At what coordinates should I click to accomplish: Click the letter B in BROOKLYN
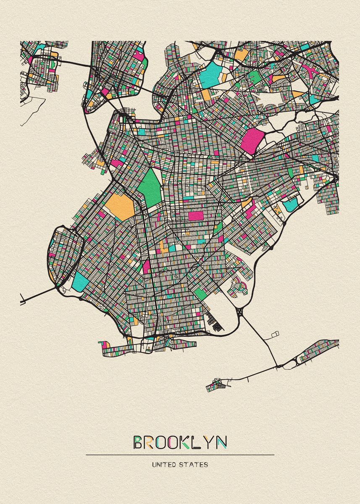pos(138,442)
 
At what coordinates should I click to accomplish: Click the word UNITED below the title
pos(164,465)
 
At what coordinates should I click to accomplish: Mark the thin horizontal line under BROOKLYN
pos(180,455)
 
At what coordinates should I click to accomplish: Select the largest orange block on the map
pos(120,206)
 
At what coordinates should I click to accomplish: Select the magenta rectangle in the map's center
pos(195,216)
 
